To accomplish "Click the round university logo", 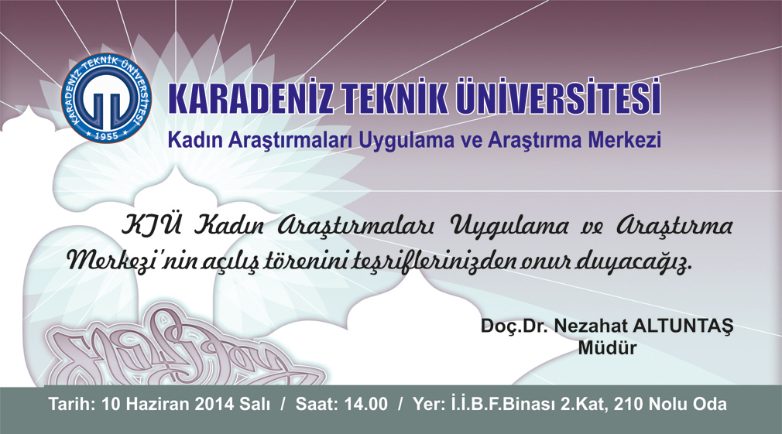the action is [x=106, y=98].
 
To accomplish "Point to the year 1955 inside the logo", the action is [x=106, y=135].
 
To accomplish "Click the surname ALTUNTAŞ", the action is [x=683, y=326].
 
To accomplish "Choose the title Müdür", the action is [x=607, y=348].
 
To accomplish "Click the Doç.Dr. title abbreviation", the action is [x=515, y=327].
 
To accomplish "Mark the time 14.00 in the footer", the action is [x=365, y=404].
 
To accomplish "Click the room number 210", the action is [x=629, y=404].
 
